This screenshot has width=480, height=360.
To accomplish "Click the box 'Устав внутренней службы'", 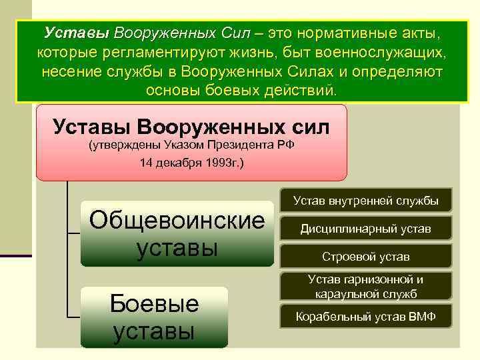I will coord(365,201).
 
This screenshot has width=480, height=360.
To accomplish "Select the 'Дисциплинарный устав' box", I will coord(365,229).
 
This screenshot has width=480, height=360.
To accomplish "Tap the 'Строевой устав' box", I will coord(365,257).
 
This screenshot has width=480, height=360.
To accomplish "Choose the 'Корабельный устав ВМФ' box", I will coord(365,316).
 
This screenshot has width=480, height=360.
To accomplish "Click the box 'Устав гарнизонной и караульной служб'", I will coord(365,287).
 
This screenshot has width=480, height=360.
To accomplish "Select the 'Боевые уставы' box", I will coord(154,317).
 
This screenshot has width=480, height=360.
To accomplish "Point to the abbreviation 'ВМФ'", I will coord(421,316).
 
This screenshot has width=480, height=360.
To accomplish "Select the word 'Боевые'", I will coord(154,303).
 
